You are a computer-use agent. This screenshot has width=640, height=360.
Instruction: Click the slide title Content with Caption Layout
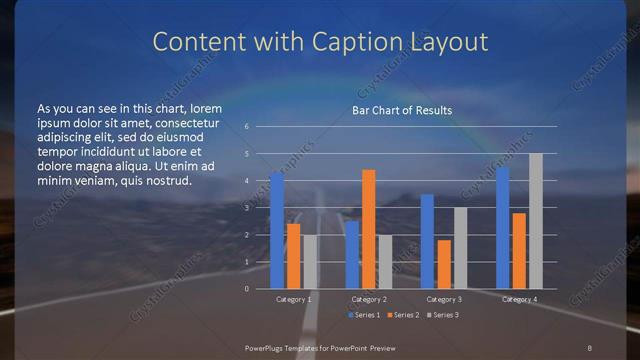pos(320,41)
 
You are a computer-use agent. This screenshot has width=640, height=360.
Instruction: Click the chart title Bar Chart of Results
pos(401,110)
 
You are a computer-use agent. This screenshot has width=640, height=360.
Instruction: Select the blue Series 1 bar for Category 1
pos(277,230)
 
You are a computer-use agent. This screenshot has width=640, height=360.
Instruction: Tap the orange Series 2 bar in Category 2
pos(368,229)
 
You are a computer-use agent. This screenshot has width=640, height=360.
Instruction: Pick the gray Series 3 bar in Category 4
pos(535,221)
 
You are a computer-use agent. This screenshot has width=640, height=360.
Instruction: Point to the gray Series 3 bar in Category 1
pos(309,261)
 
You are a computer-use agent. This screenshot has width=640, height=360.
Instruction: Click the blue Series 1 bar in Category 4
pos(502,227)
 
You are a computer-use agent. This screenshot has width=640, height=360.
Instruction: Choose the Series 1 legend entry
pos(364,315)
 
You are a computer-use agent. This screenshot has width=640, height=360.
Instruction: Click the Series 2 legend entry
pos(402,315)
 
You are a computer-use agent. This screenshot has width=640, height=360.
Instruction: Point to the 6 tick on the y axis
pos(246,127)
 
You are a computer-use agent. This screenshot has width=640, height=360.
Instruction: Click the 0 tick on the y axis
pos(246,288)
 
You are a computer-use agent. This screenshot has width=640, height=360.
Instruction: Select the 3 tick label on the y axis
pos(246,208)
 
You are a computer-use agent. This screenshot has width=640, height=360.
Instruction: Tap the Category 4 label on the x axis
pos(518,299)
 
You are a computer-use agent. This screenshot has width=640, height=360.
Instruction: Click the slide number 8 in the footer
pos(590,346)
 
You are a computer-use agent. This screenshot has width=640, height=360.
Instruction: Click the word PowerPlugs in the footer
pos(268,346)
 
